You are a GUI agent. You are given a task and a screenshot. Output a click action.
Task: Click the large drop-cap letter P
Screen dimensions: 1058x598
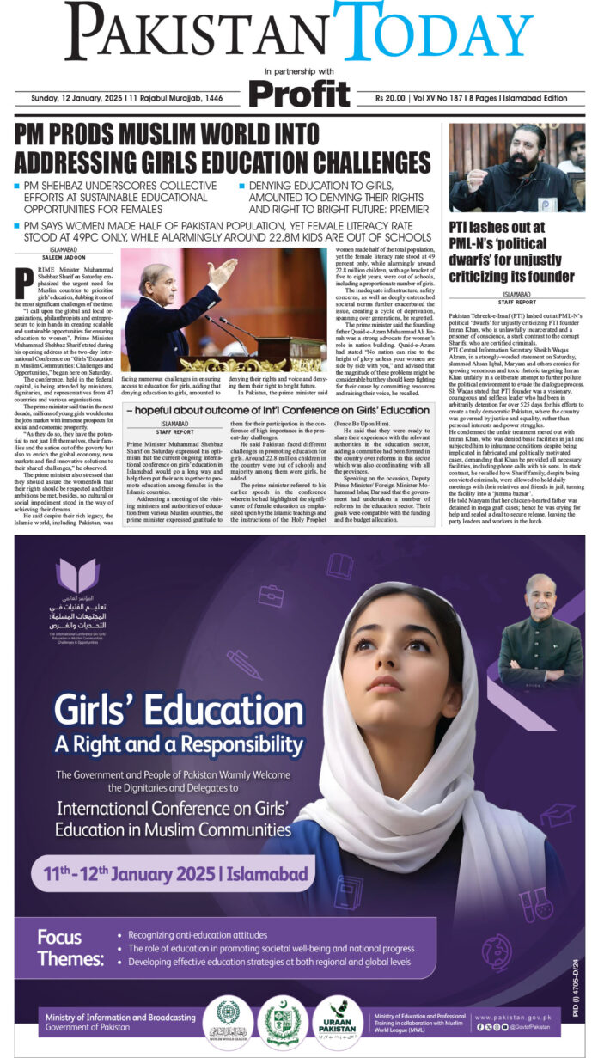coord(23,279)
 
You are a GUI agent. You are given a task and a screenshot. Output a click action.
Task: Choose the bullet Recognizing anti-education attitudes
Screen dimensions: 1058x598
coord(197,934)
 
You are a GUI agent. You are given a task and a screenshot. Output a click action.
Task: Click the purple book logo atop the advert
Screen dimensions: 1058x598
coord(77,578)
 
